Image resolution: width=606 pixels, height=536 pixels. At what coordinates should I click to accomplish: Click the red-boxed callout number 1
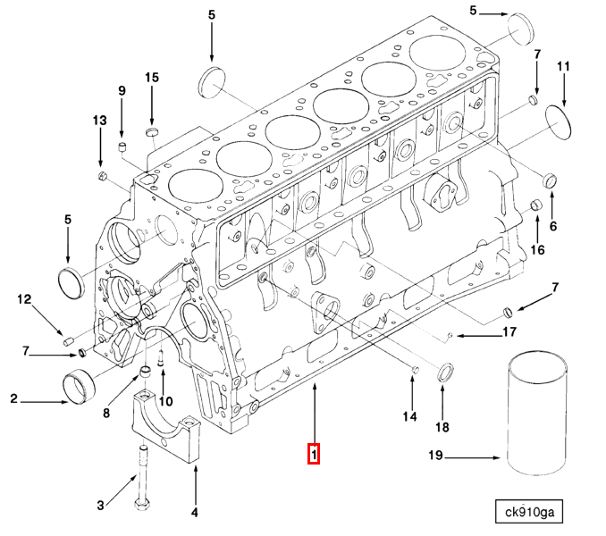coord(314,454)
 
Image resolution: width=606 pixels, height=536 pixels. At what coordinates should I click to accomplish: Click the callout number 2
coord(14,399)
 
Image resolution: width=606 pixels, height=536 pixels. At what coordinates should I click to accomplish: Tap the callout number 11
coord(563,67)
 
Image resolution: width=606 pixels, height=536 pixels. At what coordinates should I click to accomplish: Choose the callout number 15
coord(152,78)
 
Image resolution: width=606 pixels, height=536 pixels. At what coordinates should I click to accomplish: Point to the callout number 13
coord(98,121)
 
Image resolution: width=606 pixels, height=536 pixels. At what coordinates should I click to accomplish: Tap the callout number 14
coord(409,416)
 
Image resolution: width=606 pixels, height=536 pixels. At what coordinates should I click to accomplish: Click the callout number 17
coord(509,333)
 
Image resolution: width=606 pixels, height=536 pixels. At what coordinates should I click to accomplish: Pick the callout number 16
coord(536,249)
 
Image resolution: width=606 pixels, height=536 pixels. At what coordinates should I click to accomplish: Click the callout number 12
coord(24,299)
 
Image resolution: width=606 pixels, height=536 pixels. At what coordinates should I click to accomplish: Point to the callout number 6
coord(552,225)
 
